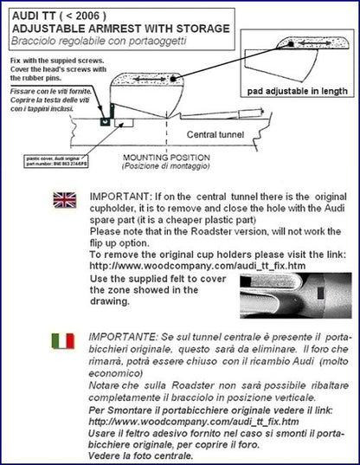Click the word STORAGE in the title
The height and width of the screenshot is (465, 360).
205,28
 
